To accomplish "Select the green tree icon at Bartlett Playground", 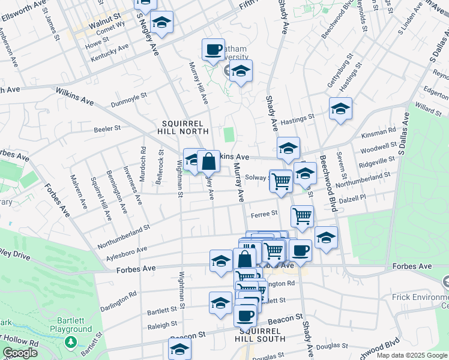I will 71,342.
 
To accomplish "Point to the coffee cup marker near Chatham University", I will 212,50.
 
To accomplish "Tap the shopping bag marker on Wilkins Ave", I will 208,161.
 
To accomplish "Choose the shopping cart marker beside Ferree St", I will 302,216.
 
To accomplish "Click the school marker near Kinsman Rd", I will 340,109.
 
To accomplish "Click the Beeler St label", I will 108,128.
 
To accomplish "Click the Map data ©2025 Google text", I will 411,355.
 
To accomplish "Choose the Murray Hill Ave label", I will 199,82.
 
